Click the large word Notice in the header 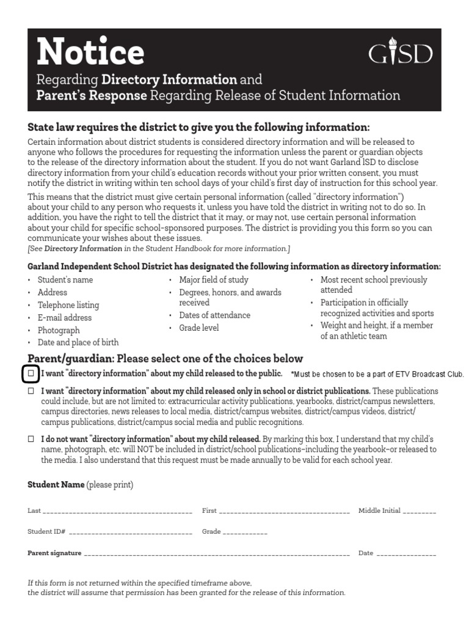(90, 53)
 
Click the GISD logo (400, 54)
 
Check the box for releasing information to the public (31, 373)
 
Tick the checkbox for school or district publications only (31, 391)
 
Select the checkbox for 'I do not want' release (31, 440)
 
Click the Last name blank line (118, 512)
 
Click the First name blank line (284, 512)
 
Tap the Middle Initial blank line (420, 512)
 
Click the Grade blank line (245, 532)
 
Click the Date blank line (406, 554)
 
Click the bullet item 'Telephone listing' (68, 305)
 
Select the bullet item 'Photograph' (59, 330)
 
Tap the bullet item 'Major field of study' (213, 280)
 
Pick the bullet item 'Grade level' (198, 328)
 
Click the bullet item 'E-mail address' (64, 318)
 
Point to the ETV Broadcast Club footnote (377, 374)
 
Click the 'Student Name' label (56, 485)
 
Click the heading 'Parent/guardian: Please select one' (165, 358)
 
